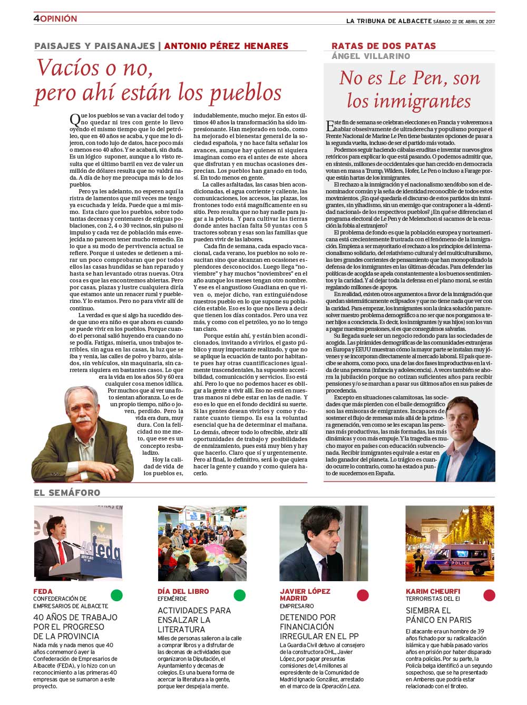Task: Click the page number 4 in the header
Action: click(36, 18)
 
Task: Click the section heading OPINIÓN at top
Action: click(58, 18)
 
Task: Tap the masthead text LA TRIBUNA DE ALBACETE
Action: click(388, 21)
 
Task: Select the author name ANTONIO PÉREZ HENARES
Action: click(226, 46)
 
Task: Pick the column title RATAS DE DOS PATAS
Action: click(384, 46)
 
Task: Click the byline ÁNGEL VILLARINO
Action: click(370, 56)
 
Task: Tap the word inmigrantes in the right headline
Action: click(409, 100)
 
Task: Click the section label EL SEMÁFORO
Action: click(67, 493)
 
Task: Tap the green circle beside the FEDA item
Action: click(116, 595)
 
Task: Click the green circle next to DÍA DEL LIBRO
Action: click(240, 595)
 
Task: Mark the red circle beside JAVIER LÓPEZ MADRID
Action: click(363, 595)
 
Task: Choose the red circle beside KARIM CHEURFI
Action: click(489, 595)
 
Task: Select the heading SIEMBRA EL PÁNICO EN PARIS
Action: click(438, 615)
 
